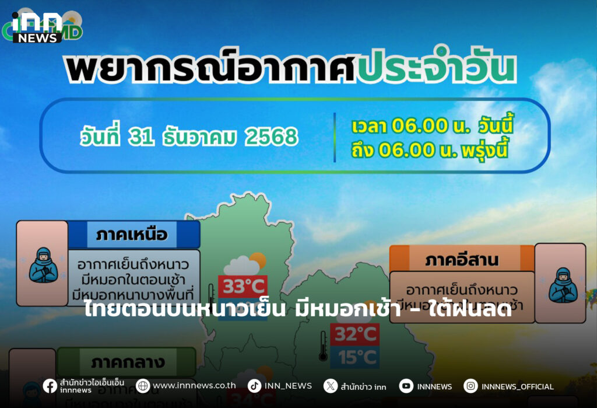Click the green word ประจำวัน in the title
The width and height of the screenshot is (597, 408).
pos(437,69)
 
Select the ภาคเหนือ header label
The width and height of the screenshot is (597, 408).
pos(132,235)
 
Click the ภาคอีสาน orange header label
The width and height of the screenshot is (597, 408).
pos(462,259)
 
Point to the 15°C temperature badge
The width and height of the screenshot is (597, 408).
pos(355,357)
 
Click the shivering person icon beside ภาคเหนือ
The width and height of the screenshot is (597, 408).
pos(43,264)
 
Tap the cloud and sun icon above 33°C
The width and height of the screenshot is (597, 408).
pos(245,263)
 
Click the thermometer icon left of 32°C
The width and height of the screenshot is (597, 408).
pos(322,346)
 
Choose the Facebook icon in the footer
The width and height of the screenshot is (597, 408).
pos(50,386)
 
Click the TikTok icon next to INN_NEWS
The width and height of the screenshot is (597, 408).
pos(254,386)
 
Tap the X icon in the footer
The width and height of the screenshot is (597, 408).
pos(331,386)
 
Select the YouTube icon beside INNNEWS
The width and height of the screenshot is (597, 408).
pos(406,386)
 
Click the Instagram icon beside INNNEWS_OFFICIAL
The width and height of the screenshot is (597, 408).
pos(470,386)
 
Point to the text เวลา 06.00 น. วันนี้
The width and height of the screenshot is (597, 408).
pos(431,125)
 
